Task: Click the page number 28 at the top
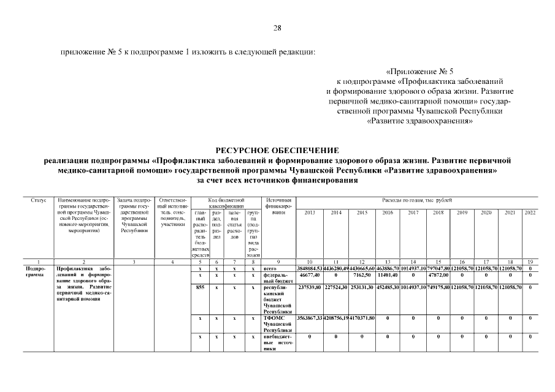[x=277, y=28]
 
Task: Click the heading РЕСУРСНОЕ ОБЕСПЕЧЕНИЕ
[x=277, y=150]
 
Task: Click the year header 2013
[x=310, y=212]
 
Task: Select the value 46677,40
[x=310, y=277]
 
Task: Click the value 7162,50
[x=362, y=277]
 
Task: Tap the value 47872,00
[x=437, y=277]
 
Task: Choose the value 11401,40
[x=388, y=277]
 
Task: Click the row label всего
[x=271, y=269]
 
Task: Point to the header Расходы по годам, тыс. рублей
[x=417, y=200]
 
